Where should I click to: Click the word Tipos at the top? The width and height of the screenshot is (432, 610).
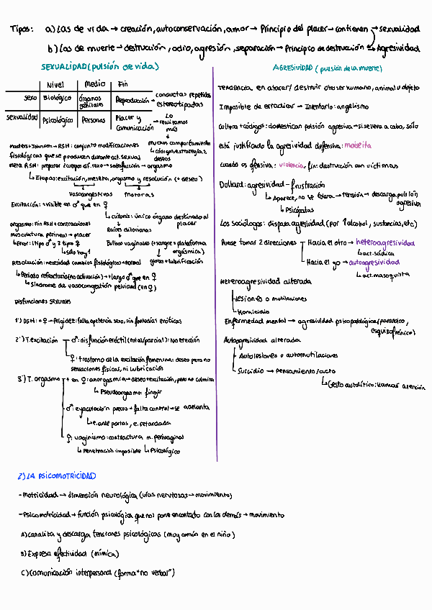23,30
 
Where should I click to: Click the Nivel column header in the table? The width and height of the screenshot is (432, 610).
55,84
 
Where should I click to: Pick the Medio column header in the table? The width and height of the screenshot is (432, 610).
90,84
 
